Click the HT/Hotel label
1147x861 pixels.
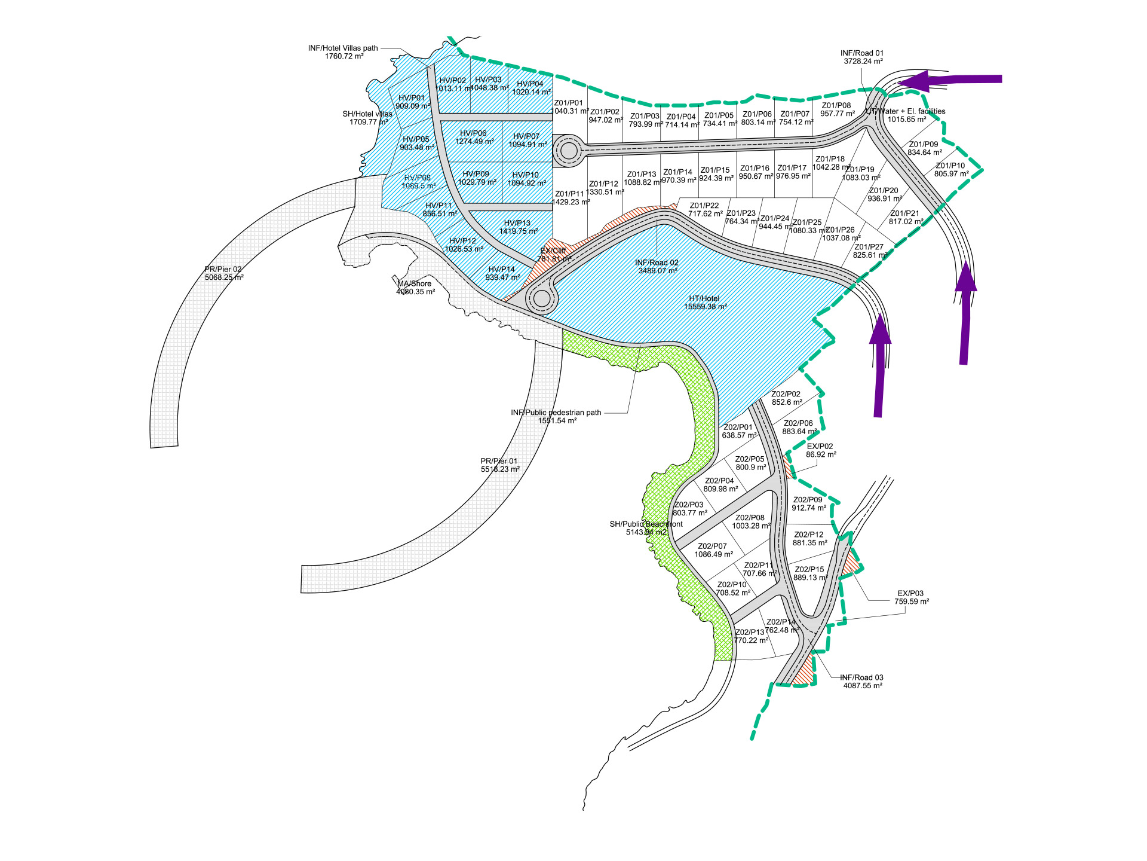point(704,298)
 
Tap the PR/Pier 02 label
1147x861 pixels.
point(223,270)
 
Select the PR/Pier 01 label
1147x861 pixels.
point(499,461)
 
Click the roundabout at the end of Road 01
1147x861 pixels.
point(569,150)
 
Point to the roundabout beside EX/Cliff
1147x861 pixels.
point(541,298)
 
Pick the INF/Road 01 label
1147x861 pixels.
point(862,53)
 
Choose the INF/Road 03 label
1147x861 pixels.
point(861,677)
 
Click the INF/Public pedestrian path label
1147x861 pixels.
point(556,413)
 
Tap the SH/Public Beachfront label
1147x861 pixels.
point(646,524)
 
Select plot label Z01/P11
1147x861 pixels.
point(569,194)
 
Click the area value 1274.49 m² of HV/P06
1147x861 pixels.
point(474,142)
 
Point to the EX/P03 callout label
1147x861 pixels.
point(910,594)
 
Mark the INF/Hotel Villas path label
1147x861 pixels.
point(343,48)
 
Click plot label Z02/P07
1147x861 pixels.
point(712,546)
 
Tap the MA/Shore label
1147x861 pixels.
point(415,284)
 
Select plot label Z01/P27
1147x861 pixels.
point(869,247)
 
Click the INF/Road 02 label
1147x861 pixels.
point(657,262)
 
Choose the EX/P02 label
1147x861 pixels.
point(820,447)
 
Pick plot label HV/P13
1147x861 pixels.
point(517,223)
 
